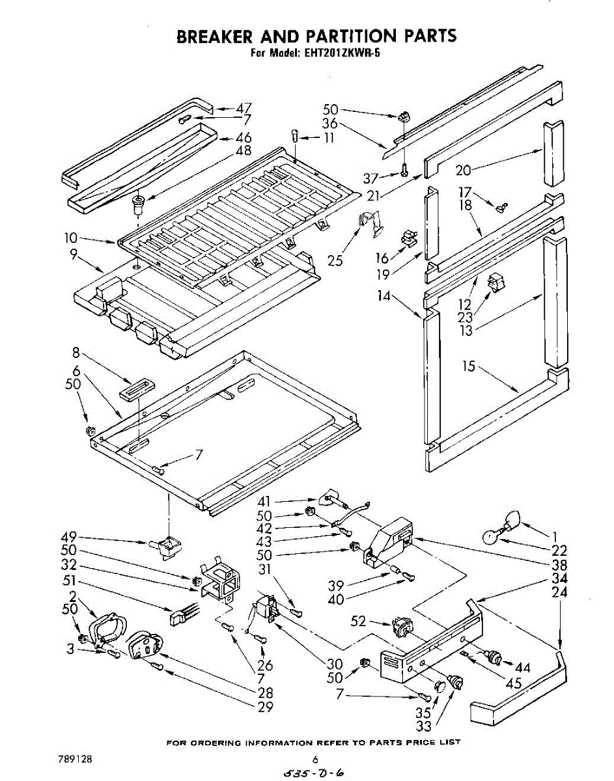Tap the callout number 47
(x=244, y=108)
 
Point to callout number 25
(x=335, y=261)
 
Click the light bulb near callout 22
(x=490, y=537)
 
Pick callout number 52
(x=358, y=621)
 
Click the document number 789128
(x=74, y=759)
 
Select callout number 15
(x=469, y=366)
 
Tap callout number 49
(x=68, y=537)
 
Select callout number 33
(x=424, y=726)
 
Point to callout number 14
(x=384, y=297)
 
